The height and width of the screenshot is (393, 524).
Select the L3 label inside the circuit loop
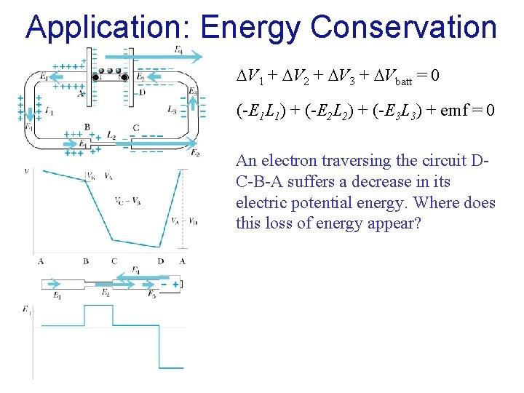(x=172, y=110)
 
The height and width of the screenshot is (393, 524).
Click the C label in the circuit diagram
(x=136, y=128)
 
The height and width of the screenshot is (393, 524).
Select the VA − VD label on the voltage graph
(x=183, y=221)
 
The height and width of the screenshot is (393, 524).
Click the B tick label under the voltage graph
(x=86, y=261)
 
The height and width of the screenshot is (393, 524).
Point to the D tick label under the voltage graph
(x=160, y=261)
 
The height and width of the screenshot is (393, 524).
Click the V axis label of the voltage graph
(x=27, y=171)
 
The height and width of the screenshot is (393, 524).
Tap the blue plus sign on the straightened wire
(x=175, y=284)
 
